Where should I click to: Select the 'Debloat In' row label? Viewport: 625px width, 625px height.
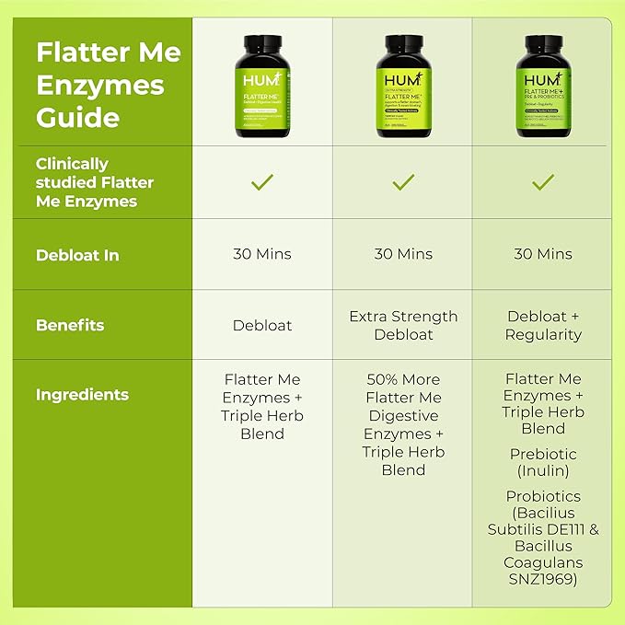pos(77,255)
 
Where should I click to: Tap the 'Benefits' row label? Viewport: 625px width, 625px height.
pos(70,325)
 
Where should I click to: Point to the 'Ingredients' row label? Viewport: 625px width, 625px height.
pos(82,395)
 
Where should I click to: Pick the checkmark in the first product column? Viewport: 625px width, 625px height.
pos(262,182)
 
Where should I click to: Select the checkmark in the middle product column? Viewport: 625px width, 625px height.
pos(403,182)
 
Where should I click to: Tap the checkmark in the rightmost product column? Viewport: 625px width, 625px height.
pos(543,182)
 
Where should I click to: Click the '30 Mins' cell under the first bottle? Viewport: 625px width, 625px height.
pos(262,254)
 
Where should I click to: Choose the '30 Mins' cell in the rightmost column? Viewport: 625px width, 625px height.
pos(543,254)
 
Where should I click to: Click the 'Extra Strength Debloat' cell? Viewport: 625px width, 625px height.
pos(403,325)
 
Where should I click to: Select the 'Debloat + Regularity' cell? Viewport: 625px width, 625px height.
pos(543,325)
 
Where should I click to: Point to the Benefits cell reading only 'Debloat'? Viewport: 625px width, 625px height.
pos(262,325)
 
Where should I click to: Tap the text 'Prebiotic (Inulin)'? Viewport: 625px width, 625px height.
pos(543,463)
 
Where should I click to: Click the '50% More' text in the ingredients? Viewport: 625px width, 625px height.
pos(403,379)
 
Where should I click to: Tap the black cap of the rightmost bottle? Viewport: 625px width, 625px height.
pos(543,41)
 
